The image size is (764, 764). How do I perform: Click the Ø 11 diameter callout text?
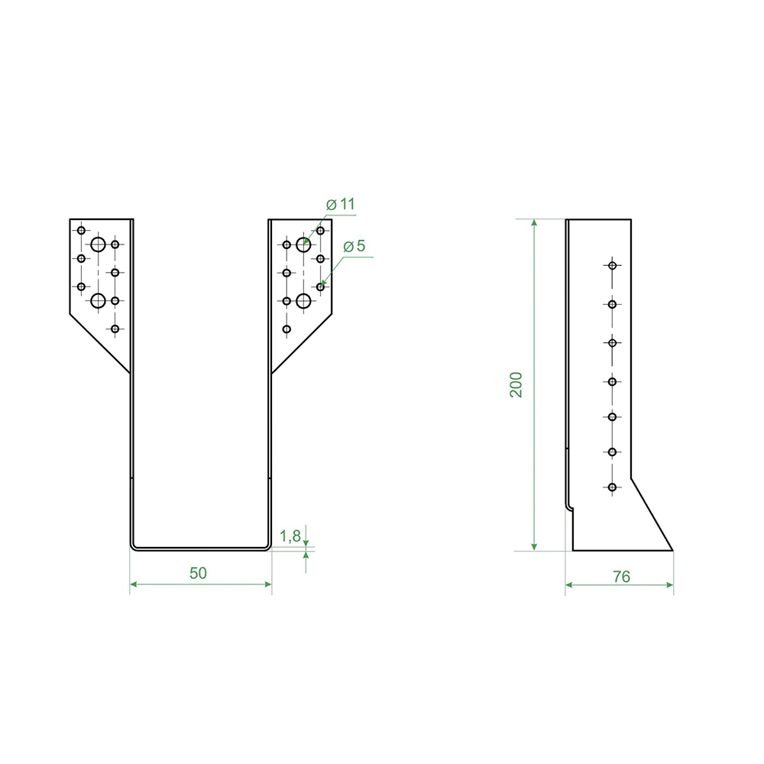pyautogui.click(x=340, y=204)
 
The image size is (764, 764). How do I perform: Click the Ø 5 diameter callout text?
pyautogui.click(x=354, y=247)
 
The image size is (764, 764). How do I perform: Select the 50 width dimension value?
pyautogui.click(x=199, y=573)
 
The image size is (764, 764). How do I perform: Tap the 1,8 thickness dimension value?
pyautogui.click(x=290, y=536)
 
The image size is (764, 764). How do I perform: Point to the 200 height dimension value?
pyautogui.click(x=516, y=385)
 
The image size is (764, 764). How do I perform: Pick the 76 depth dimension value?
pyautogui.click(x=622, y=577)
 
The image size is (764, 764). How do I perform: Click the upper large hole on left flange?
pyautogui.click(x=99, y=244)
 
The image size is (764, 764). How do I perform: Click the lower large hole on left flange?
pyautogui.click(x=99, y=301)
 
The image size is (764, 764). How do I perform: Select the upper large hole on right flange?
pyautogui.click(x=303, y=244)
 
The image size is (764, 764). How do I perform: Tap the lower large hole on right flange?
pyautogui.click(x=303, y=301)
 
